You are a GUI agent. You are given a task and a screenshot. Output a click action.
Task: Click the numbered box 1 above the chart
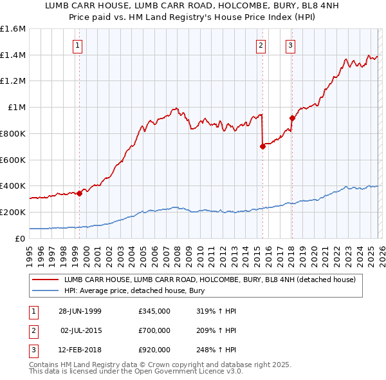77,45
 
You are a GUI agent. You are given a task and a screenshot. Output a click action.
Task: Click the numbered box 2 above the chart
261,45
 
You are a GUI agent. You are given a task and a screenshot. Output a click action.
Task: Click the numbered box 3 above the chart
290,45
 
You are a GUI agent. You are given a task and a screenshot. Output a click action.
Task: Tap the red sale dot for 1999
80,193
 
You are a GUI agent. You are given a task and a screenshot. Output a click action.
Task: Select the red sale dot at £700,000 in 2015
262,146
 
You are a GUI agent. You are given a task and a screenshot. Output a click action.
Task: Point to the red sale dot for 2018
292,118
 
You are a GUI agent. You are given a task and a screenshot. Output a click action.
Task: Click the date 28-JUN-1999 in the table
80,311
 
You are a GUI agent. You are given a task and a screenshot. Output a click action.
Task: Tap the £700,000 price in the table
154,330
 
